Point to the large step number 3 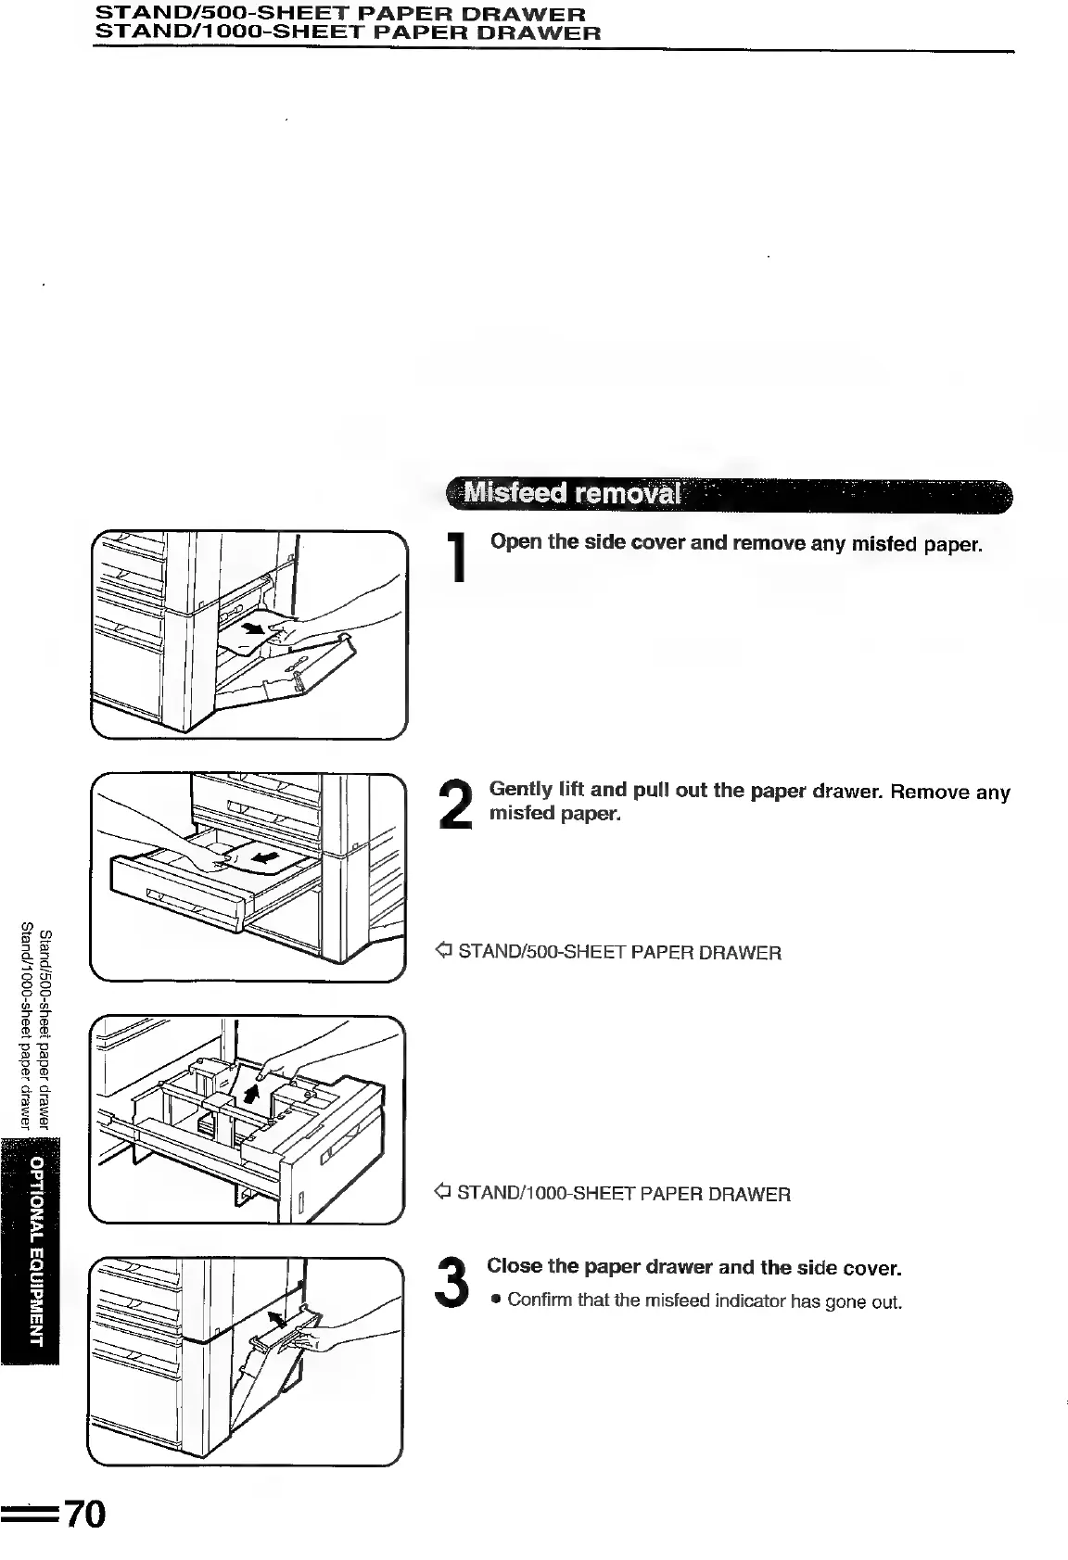[x=453, y=1281]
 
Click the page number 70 [x=85, y=1514]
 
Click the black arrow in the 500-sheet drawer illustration [x=266, y=856]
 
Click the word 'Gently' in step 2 [x=521, y=790]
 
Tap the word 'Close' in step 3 [x=515, y=1266]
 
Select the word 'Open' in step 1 [x=515, y=541]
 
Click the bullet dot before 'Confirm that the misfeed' [x=496, y=1300]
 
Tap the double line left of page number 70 [x=30, y=1516]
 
